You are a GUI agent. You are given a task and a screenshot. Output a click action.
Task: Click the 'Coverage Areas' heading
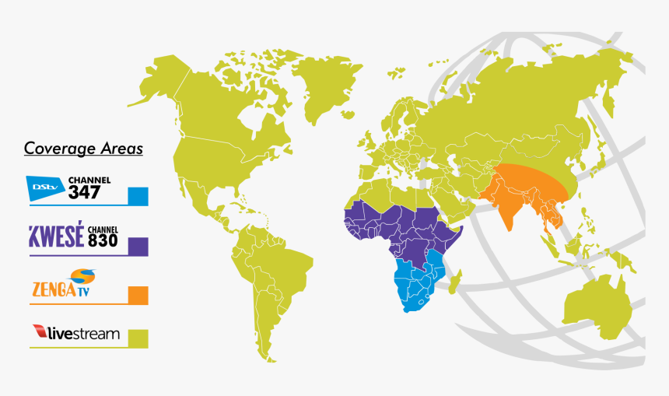coord(83,148)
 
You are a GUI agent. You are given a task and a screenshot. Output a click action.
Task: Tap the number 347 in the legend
coord(84,192)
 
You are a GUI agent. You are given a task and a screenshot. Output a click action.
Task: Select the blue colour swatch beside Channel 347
coord(138,196)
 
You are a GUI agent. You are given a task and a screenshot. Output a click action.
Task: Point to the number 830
coord(102,241)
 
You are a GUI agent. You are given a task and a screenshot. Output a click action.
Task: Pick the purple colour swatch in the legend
coord(138,246)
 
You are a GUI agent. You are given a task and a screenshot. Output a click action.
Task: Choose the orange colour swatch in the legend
coord(138,296)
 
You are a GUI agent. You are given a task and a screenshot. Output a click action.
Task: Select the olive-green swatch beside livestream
coord(138,338)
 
